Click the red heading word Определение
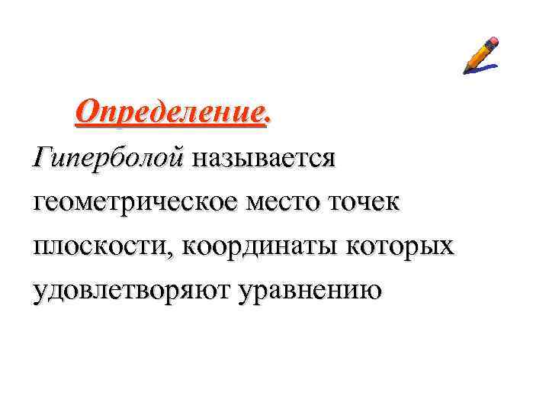point(172,114)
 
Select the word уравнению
point(310,291)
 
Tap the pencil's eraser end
point(494,40)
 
